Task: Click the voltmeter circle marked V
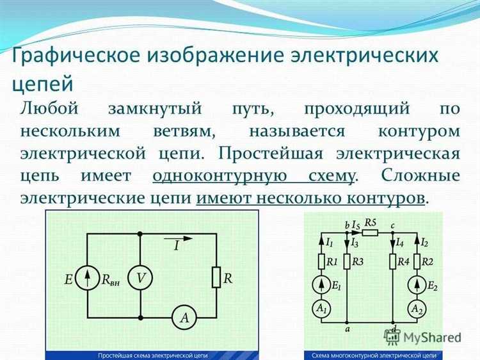point(140,277)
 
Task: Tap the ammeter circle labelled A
point(184,316)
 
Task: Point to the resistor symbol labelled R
point(216,277)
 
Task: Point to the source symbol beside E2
point(417,284)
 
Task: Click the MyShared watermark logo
point(422,337)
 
